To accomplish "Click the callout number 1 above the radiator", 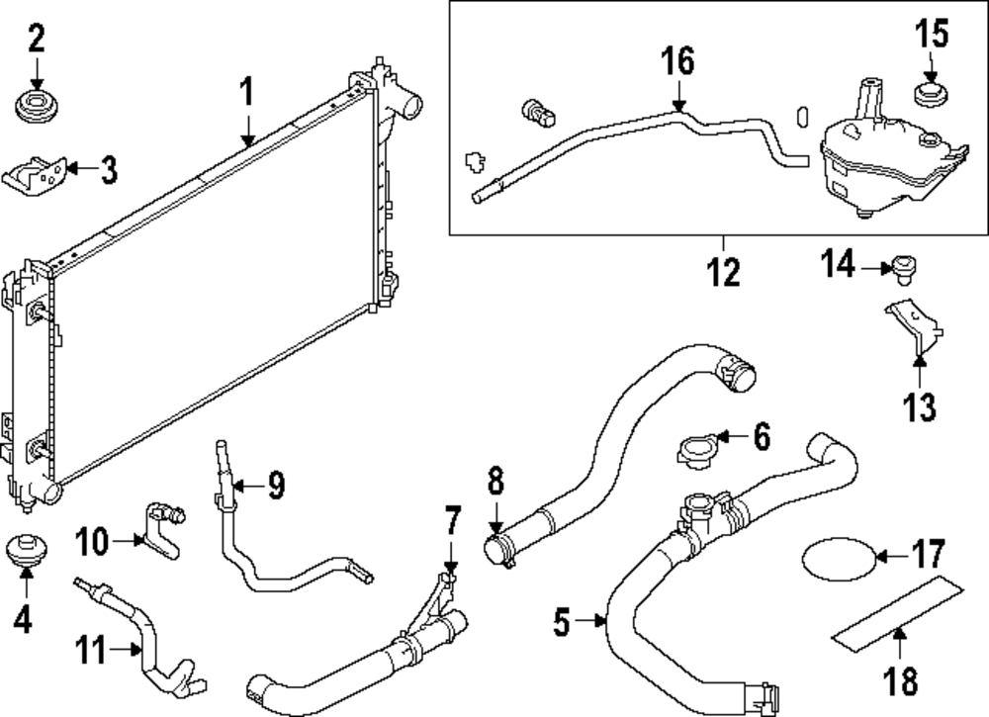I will point(247,94).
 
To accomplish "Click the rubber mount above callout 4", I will point(24,550).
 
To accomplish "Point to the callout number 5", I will point(562,622).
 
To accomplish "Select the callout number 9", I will point(274,485).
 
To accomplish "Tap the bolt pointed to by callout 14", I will point(901,266).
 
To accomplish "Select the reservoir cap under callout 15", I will point(929,96).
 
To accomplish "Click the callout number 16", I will point(678,61).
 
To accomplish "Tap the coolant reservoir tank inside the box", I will point(880,163).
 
